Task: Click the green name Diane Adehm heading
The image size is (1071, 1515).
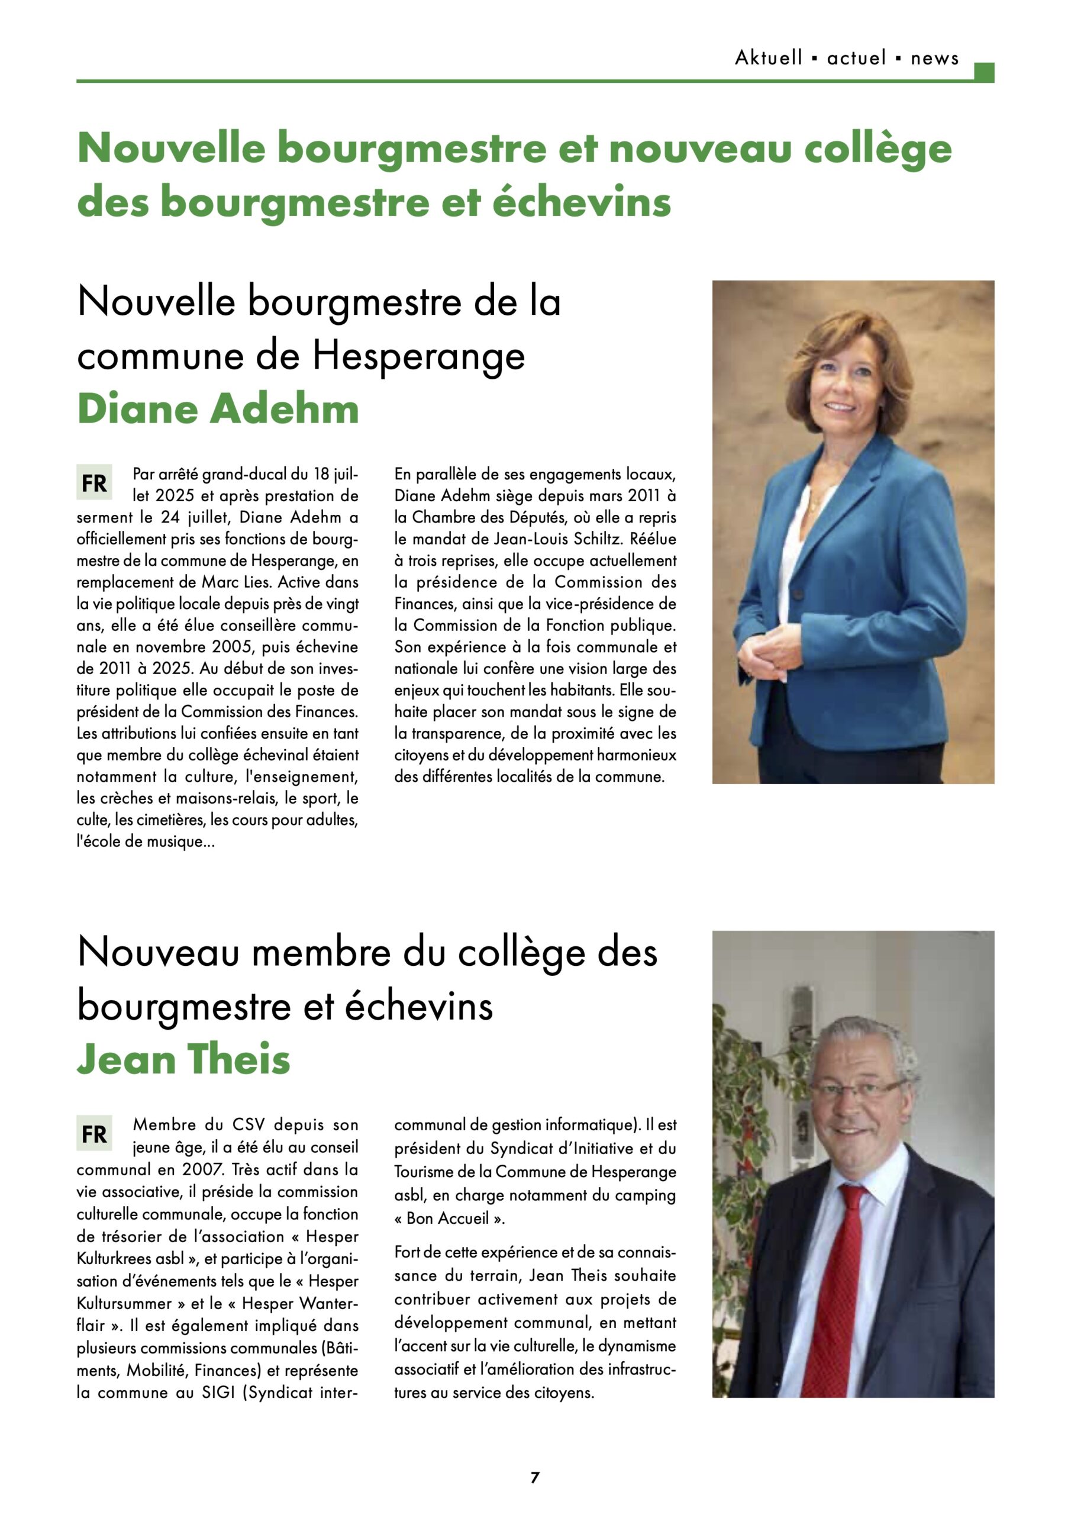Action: tap(218, 409)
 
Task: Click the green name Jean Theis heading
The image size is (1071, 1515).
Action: tap(183, 1059)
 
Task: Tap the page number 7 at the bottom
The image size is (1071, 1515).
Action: tap(535, 1477)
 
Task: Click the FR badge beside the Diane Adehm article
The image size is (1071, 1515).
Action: tap(93, 483)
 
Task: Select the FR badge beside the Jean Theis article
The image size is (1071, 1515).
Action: tap(93, 1134)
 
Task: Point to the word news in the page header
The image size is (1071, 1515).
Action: tap(934, 59)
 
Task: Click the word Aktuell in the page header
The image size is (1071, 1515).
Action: tap(768, 58)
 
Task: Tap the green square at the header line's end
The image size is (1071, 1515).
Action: tap(983, 73)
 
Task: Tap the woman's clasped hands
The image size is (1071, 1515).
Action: tap(766, 653)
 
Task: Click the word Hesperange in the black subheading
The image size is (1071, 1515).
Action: tap(418, 356)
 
